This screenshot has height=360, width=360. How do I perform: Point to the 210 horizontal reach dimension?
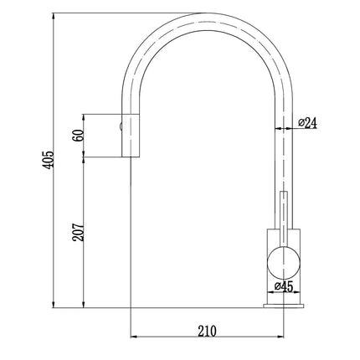coord(206,330)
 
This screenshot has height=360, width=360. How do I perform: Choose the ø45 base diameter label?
coord(285,285)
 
